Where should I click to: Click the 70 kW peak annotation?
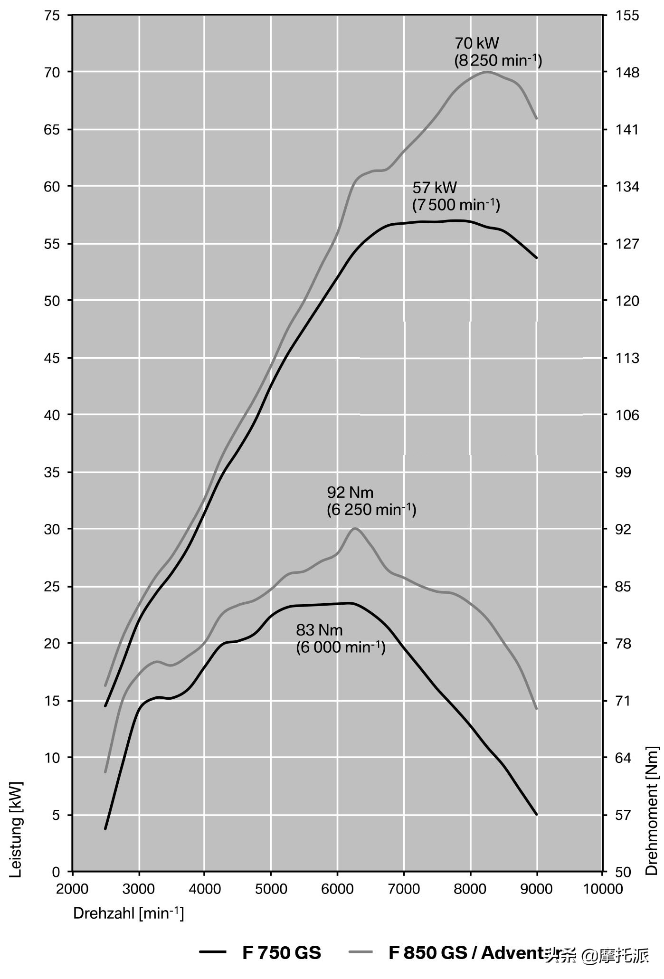pyautogui.click(x=498, y=52)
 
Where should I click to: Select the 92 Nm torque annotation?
pyautogui.click(x=371, y=501)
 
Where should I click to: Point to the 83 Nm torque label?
pyautogui.click(x=340, y=638)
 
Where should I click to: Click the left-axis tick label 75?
pyautogui.click(x=52, y=16)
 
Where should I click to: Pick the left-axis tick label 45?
pyautogui.click(x=52, y=358)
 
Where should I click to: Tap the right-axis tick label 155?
pyautogui.click(x=627, y=16)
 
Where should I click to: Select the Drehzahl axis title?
pyautogui.click(x=128, y=913)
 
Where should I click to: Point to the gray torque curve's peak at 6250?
pyautogui.click(x=354, y=528)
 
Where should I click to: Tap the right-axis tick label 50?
pyautogui.click(x=624, y=872)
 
